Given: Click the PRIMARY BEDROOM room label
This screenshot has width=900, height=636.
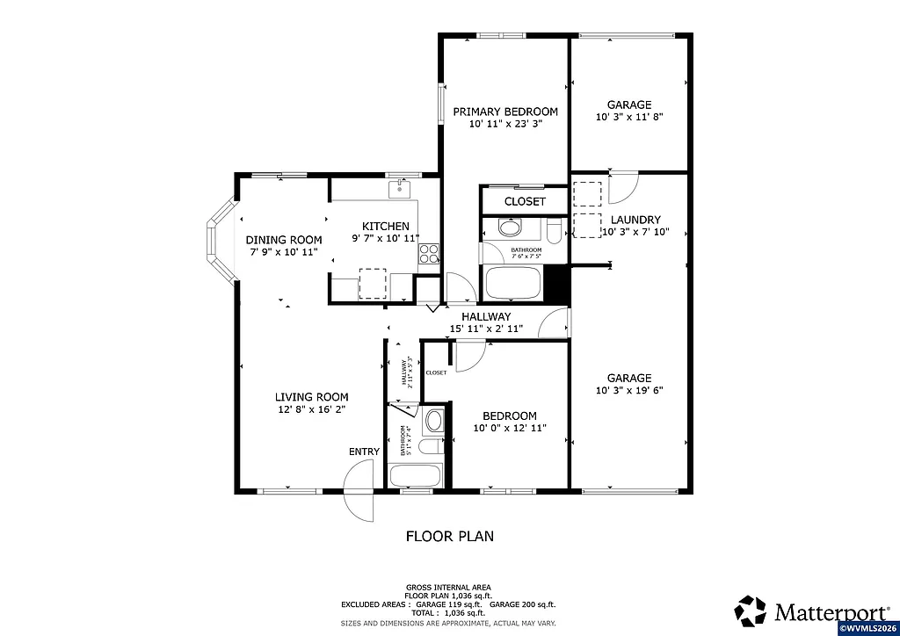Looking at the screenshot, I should coord(505,112).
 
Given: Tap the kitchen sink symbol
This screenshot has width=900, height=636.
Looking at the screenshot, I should coord(400,188).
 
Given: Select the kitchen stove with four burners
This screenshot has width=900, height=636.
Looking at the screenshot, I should coord(429,254).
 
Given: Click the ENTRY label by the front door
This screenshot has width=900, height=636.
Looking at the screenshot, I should coord(364,452).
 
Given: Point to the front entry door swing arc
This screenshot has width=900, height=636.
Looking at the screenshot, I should coord(359,492).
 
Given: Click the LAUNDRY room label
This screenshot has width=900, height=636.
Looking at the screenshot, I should coord(629,220).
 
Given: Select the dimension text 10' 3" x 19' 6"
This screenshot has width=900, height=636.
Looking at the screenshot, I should coord(629,390).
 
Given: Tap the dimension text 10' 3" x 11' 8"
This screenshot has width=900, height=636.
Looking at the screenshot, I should coord(629,117).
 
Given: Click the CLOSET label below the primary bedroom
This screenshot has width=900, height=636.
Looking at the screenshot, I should coord(525,201).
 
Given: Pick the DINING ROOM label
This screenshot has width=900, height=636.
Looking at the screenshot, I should coord(283,240).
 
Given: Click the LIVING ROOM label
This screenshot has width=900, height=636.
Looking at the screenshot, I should coord(311,396).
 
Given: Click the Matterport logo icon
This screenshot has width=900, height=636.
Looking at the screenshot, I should coord(751,610).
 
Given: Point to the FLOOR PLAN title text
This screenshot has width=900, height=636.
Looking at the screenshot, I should coord(449,535).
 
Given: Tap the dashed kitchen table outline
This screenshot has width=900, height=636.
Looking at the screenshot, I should coord(373,282).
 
